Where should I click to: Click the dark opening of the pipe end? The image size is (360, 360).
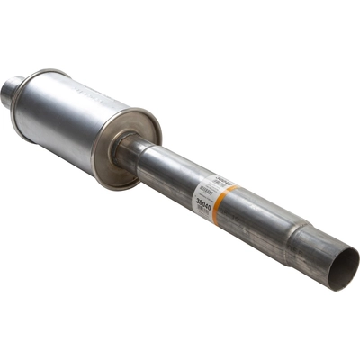coord(343,270)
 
